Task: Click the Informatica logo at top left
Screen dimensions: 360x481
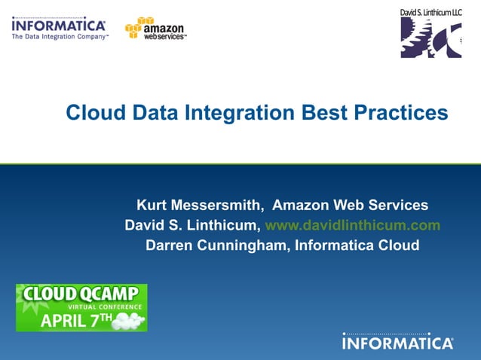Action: [58, 26]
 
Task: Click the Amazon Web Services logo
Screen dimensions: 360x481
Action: [156, 29]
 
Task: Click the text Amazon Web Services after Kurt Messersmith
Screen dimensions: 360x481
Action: [350, 205]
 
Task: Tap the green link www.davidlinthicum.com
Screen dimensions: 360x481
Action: [353, 225]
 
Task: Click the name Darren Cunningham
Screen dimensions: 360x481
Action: [215, 245]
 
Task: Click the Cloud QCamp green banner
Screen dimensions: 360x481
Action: [81, 307]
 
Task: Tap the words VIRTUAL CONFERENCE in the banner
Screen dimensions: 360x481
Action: [104, 307]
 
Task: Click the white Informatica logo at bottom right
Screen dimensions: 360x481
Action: [397, 343]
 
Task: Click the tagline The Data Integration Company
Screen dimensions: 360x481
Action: [59, 36]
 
